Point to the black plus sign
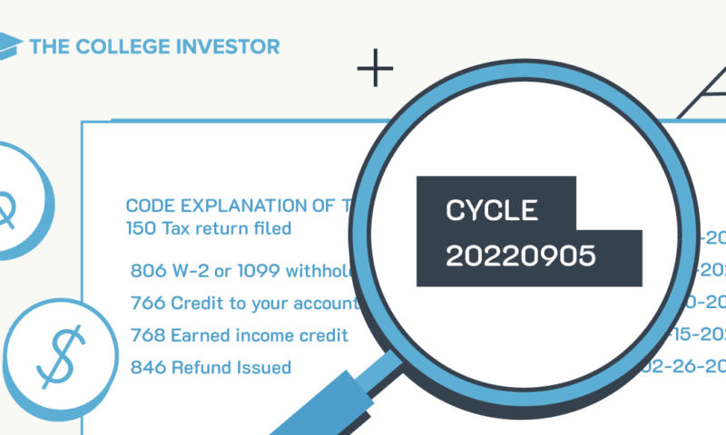(x=376, y=71)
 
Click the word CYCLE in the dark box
(x=492, y=212)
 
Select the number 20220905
(x=520, y=256)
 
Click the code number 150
(x=140, y=228)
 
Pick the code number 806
(x=147, y=270)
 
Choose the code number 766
(x=147, y=303)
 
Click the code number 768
(x=147, y=335)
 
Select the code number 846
(x=147, y=368)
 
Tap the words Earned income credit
(x=260, y=335)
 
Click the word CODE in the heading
(x=148, y=207)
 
